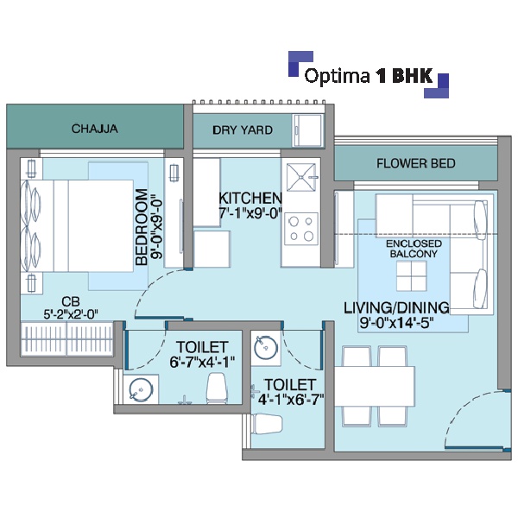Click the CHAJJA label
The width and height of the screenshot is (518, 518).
tap(94, 129)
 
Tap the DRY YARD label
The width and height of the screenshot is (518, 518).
tap(243, 130)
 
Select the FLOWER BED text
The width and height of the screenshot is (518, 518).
tap(416, 163)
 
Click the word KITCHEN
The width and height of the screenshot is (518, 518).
tap(250, 198)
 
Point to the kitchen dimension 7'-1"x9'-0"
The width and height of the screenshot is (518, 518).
tap(250, 213)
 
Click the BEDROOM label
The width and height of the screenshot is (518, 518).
tap(142, 227)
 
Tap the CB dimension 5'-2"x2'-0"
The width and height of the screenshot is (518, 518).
tap(71, 314)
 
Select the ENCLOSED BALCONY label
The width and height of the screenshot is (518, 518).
tap(414, 249)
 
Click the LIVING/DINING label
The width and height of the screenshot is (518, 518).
tap(396, 307)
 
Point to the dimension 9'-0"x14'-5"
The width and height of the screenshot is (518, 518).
tap(396, 323)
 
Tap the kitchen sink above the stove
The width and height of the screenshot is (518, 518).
tap(302, 177)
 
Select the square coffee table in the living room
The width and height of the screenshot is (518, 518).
tap(411, 275)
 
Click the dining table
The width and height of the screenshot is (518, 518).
tap(375, 386)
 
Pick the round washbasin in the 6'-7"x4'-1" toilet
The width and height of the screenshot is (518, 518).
tap(141, 389)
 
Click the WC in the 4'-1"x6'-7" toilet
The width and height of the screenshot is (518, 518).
tap(267, 424)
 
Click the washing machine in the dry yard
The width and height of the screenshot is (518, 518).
tap(308, 130)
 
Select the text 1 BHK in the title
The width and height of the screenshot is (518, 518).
tap(404, 76)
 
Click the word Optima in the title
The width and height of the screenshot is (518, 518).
tap(337, 76)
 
